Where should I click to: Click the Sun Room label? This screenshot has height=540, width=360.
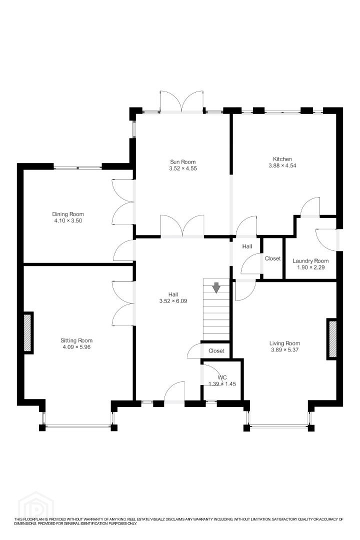(x=182, y=162)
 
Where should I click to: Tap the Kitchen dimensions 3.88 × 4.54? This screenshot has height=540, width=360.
(x=282, y=165)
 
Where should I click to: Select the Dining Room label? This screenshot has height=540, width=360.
(x=68, y=214)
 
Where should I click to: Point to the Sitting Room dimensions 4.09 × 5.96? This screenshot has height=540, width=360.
(x=76, y=347)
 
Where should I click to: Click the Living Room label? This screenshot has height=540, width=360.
(x=284, y=343)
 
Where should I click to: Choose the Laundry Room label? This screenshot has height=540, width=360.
(x=310, y=260)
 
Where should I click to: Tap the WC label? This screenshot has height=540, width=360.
(x=222, y=377)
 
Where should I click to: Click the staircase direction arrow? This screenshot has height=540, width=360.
(x=216, y=287)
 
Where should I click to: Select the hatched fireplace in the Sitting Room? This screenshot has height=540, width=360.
(x=28, y=332)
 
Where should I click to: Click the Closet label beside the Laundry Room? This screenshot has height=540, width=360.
(x=272, y=258)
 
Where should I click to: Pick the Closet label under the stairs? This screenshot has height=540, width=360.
(x=216, y=350)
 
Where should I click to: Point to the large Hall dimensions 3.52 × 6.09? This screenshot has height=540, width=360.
(x=173, y=301)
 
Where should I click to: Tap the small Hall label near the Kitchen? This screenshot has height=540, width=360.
(x=247, y=246)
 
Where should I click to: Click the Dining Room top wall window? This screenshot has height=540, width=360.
(x=78, y=167)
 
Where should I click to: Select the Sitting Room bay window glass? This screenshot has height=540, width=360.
(x=77, y=426)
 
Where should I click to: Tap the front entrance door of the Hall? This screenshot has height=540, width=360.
(x=174, y=392)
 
